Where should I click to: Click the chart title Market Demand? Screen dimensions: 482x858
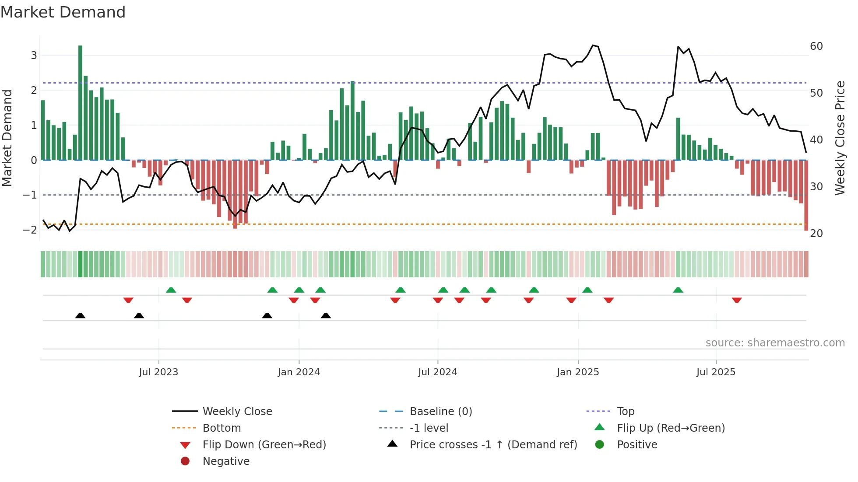pos(63,12)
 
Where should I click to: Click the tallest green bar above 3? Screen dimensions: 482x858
pos(80,103)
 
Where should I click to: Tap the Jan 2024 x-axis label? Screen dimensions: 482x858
pos(299,372)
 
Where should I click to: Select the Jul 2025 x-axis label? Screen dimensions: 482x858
pos(716,372)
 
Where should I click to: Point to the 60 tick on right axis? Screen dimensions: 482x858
pos(816,46)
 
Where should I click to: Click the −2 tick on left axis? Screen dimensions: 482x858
pos(30,230)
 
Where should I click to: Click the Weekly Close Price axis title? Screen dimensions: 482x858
pos(840,138)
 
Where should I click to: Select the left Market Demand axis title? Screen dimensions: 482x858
pos(7,138)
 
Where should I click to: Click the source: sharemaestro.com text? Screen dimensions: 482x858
pos(775,343)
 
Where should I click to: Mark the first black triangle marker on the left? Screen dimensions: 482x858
pos(80,315)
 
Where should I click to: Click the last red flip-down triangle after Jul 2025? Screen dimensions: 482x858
pos(737,300)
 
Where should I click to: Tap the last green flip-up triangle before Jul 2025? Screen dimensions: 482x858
pos(678,290)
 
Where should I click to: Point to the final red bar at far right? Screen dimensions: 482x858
pos(806,195)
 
